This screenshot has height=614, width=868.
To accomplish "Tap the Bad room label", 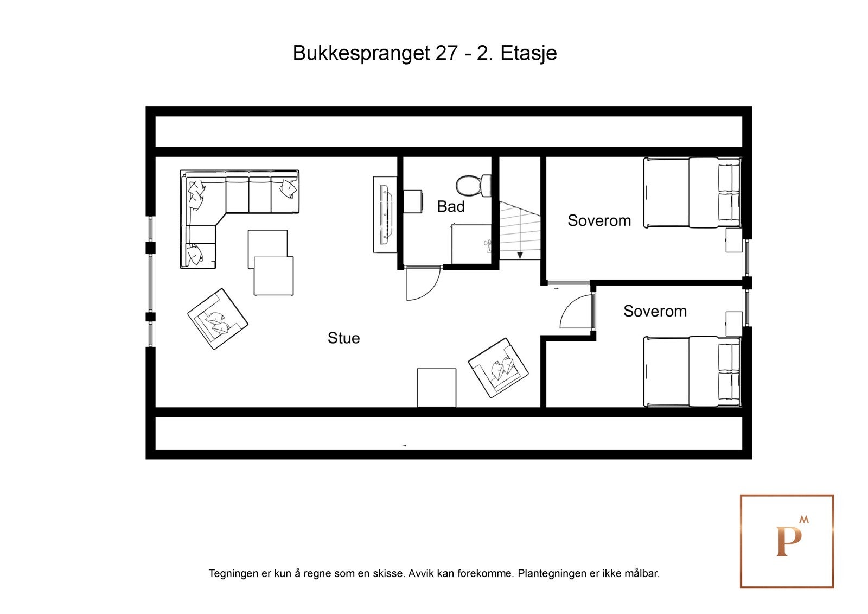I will coord(451,206).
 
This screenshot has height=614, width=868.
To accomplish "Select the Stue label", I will coord(343,338).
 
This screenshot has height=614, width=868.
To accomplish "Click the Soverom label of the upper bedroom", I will coord(599,220).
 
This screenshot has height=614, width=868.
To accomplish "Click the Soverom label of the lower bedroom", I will coord(655,311).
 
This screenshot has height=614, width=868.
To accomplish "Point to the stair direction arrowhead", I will coord(520,255).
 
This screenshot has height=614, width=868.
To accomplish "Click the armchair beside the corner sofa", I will coord(218,319).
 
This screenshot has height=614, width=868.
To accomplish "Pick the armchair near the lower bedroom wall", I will coord(498,368).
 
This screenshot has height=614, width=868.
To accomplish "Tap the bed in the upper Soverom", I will coord(692,192).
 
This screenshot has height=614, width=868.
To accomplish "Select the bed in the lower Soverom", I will coord(692,371).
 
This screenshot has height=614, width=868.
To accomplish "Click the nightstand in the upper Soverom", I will coord(734,240).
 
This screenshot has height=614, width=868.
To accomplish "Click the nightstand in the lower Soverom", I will coord(734,324).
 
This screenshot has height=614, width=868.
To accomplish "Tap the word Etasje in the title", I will coord(528,53).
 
